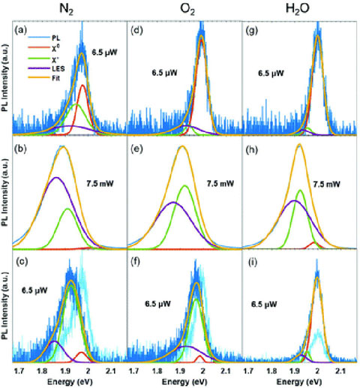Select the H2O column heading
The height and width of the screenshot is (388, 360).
301,10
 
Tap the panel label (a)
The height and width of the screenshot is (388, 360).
22,31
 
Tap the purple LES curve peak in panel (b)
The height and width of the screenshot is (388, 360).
55,178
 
